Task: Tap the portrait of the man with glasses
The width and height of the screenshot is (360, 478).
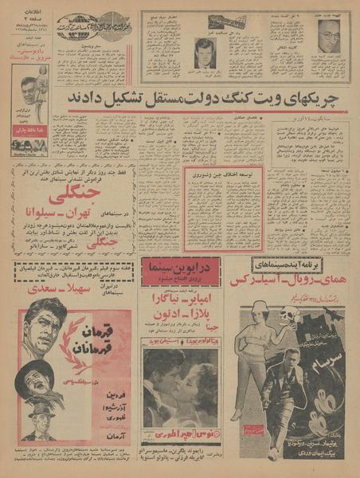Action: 328,36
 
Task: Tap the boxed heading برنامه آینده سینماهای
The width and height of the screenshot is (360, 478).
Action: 294,264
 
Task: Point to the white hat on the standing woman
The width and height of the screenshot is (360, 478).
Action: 260,308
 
